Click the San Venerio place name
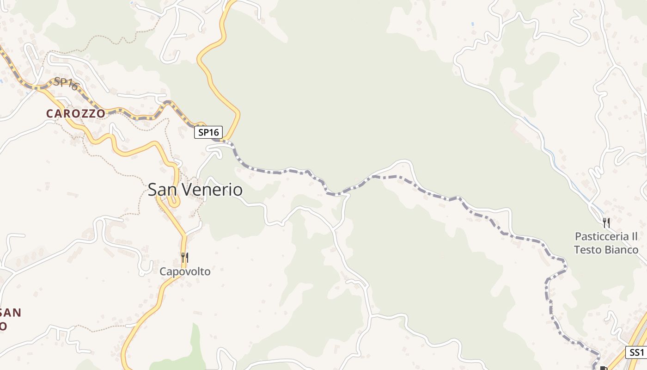click(x=195, y=190)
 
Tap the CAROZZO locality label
click(x=75, y=114)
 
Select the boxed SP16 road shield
click(x=208, y=132)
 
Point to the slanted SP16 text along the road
click(x=66, y=83)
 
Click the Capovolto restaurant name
click(x=185, y=271)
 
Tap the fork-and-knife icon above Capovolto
click(x=184, y=258)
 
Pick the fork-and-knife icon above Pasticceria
click(x=606, y=222)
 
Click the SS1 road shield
click(x=636, y=352)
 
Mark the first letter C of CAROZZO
click(x=49, y=114)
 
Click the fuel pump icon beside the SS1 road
click(x=604, y=368)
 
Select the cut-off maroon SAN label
click(x=10, y=313)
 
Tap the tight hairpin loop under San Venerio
click(x=174, y=202)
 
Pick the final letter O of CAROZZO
click(x=101, y=114)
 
